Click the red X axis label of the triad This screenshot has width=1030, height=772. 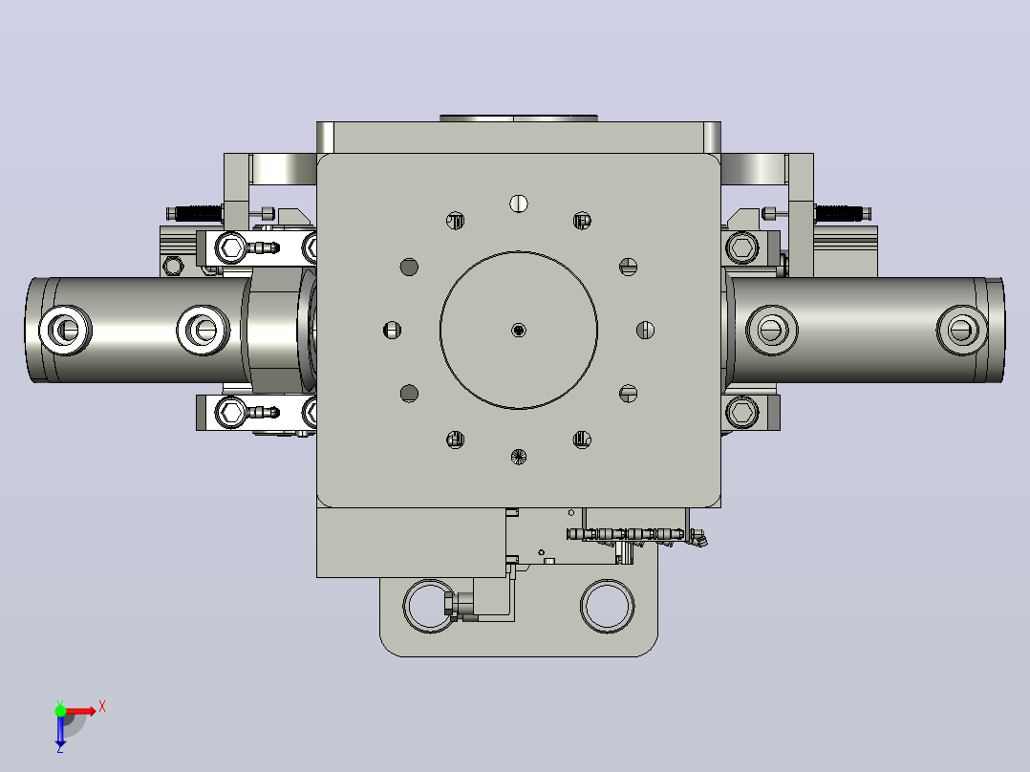tap(102, 707)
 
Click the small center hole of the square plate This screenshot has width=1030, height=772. tap(519, 330)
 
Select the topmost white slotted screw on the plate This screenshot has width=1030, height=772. tap(519, 204)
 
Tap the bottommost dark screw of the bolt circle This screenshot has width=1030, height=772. tap(519, 457)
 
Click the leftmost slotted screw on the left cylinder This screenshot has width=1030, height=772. tap(66, 330)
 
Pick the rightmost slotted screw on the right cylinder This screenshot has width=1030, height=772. tap(961, 330)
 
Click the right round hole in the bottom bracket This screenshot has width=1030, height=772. tap(607, 606)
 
